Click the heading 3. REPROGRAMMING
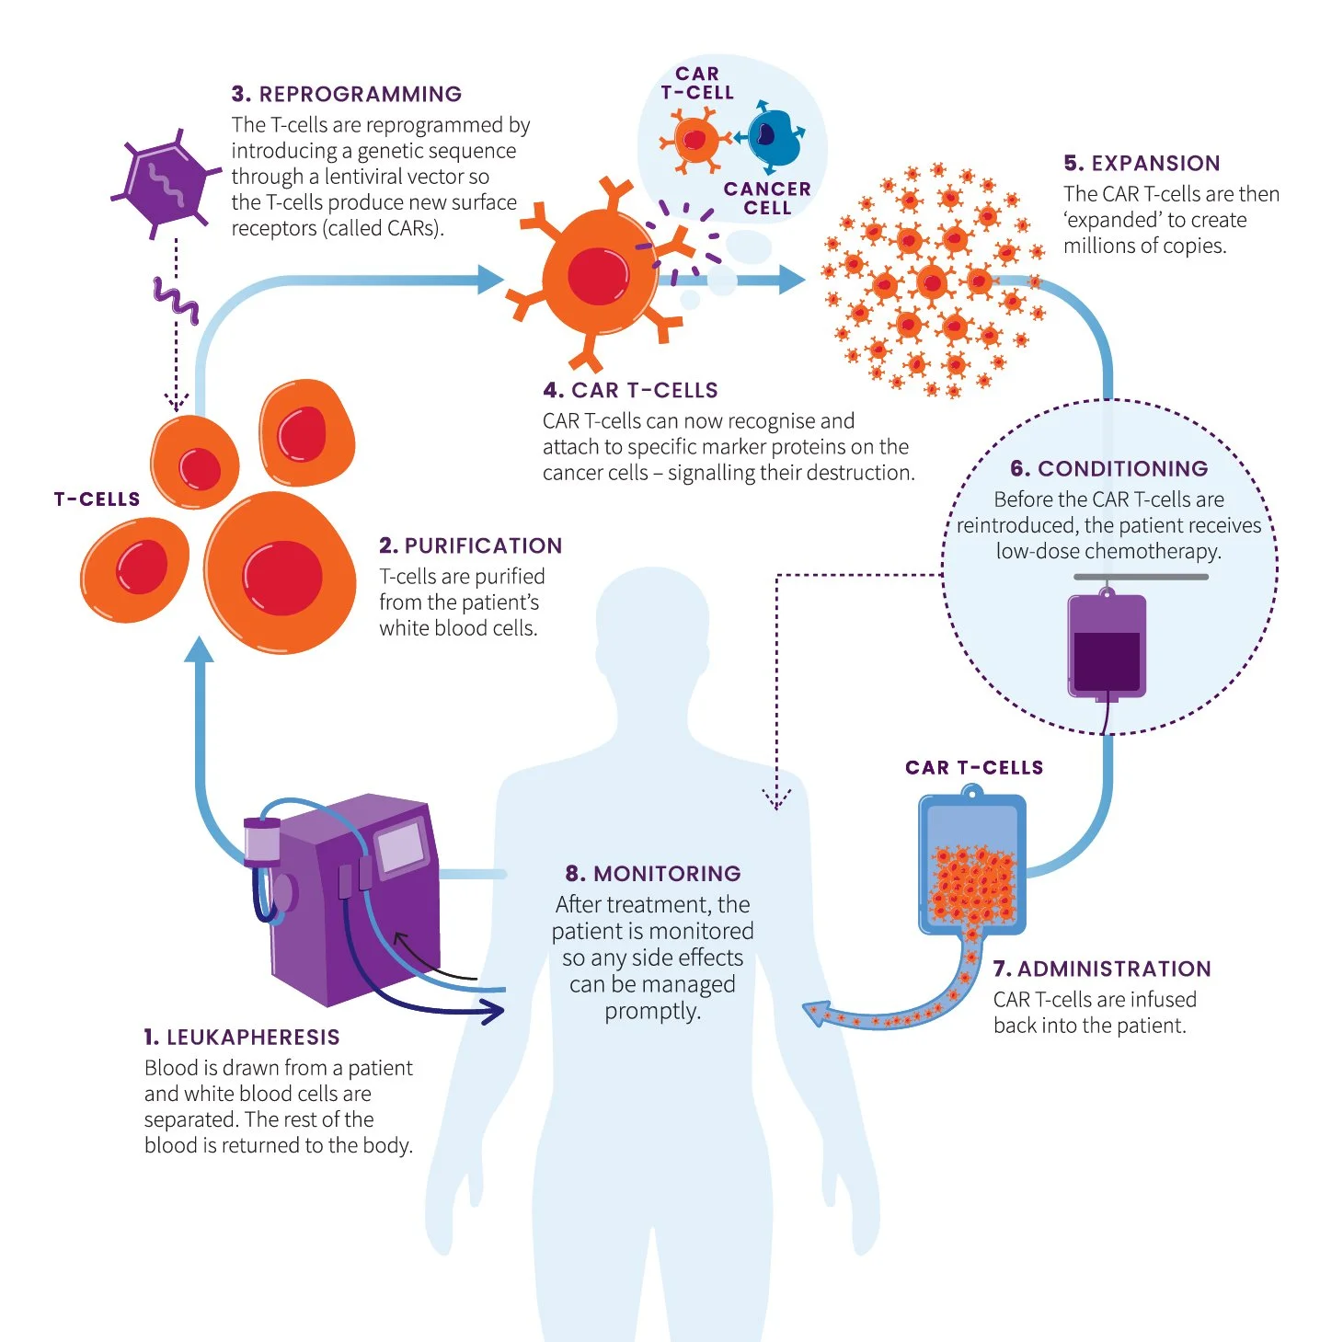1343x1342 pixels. [347, 94]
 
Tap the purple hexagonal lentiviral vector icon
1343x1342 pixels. [166, 182]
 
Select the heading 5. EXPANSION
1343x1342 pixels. [1142, 164]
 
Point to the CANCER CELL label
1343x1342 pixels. [767, 198]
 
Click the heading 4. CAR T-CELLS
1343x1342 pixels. [630, 390]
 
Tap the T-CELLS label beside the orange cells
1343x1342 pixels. [97, 499]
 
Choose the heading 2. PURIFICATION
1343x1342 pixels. [470, 545]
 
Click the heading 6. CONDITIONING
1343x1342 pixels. [1108, 468]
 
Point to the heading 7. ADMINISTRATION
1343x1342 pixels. [1102, 969]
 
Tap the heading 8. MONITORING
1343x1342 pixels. [653, 873]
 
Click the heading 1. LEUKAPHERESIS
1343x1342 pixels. [242, 1038]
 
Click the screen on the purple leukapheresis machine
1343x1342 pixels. [401, 845]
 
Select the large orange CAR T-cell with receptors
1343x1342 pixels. [599, 274]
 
